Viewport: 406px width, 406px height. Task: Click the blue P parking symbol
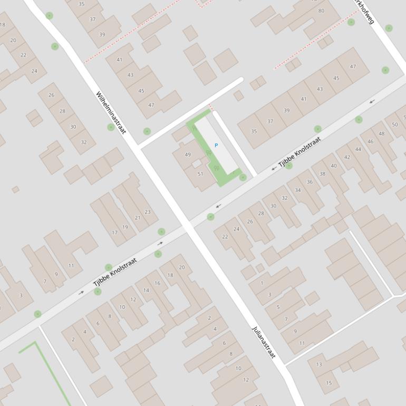(x=216, y=146)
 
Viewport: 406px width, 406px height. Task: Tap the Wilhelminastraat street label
(x=111, y=113)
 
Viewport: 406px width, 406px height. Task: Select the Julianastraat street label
(x=264, y=342)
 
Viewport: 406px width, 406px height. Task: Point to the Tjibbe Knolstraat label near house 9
(x=115, y=272)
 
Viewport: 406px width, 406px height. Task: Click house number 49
(x=188, y=154)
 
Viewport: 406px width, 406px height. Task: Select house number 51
(x=200, y=173)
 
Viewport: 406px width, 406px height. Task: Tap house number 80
(x=321, y=11)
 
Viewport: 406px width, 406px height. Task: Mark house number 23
(x=148, y=212)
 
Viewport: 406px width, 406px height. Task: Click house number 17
(x=114, y=233)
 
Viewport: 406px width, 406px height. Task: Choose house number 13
(x=319, y=364)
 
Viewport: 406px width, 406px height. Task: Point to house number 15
(x=329, y=383)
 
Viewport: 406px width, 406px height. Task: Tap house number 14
(x=146, y=291)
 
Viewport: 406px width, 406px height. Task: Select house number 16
(x=157, y=283)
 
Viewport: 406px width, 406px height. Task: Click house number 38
(x=322, y=173)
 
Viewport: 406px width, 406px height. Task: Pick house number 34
(x=298, y=190)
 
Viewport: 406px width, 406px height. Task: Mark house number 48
(x=382, y=133)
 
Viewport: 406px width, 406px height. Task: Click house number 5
(x=278, y=307)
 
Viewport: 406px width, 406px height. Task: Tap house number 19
(x=125, y=227)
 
